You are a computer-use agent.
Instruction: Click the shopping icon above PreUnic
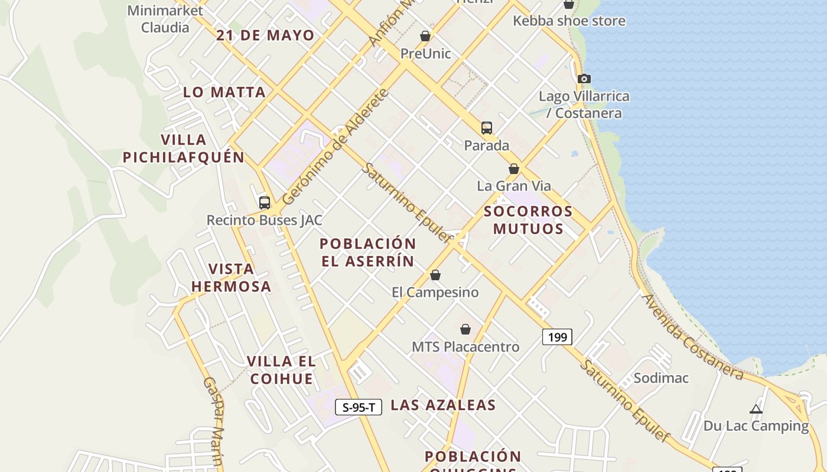tap(425, 37)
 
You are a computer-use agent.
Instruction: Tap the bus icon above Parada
tap(486, 128)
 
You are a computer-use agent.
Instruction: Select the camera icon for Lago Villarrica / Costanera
tap(584, 78)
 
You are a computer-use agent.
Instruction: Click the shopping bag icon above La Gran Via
tap(514, 169)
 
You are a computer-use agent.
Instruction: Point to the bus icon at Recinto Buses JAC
tap(265, 203)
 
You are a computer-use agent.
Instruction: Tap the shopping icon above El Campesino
tap(435, 276)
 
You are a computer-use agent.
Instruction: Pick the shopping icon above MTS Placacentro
tap(465, 329)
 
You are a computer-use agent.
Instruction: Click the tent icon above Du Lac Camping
tap(756, 409)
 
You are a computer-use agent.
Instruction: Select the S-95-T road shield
tap(359, 407)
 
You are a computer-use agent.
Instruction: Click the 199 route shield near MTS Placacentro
tap(557, 337)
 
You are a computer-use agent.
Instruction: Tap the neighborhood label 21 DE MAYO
tap(265, 35)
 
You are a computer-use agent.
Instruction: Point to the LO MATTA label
tap(224, 92)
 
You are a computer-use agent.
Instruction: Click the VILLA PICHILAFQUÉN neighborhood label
tap(184, 149)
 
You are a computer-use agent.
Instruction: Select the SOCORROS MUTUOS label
tap(528, 220)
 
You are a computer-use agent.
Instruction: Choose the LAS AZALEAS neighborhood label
tap(443, 405)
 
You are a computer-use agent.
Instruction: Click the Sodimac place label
tap(661, 378)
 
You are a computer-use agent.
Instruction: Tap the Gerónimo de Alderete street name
tap(336, 147)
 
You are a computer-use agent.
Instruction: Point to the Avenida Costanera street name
tap(692, 337)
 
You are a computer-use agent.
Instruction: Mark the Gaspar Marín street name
tap(213, 421)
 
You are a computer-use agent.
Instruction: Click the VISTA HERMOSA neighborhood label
tap(231, 278)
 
